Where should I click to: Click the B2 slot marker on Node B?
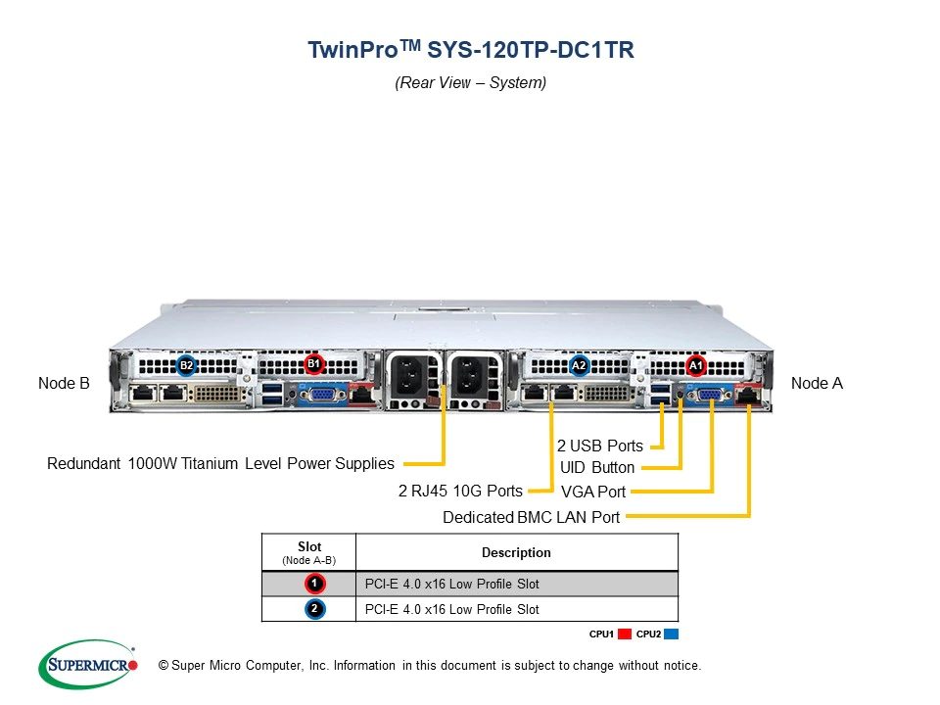pyautogui.click(x=186, y=365)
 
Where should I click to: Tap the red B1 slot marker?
pyautogui.click(x=313, y=364)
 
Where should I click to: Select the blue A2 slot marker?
pyautogui.click(x=579, y=365)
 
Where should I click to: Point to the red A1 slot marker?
pyautogui.click(x=695, y=365)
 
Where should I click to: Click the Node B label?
pyautogui.click(x=64, y=383)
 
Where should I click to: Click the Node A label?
pyautogui.click(x=817, y=383)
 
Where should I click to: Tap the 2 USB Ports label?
pyautogui.click(x=599, y=446)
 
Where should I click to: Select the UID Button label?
pyautogui.click(x=597, y=468)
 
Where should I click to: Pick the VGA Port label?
pyautogui.click(x=593, y=493)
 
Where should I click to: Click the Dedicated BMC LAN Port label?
pyautogui.click(x=531, y=517)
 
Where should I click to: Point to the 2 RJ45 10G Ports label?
pyautogui.click(x=460, y=491)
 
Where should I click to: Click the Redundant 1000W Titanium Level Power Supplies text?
pyautogui.click(x=220, y=463)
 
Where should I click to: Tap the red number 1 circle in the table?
pyautogui.click(x=314, y=584)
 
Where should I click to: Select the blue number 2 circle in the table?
pyautogui.click(x=314, y=609)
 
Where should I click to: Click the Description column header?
pyautogui.click(x=516, y=552)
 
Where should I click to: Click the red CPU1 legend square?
pyautogui.click(x=625, y=634)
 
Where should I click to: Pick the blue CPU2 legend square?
pyautogui.click(x=672, y=634)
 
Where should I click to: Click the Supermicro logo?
pyautogui.click(x=88, y=664)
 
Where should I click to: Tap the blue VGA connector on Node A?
pyautogui.click(x=711, y=395)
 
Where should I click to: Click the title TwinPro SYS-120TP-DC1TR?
pyautogui.click(x=471, y=49)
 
